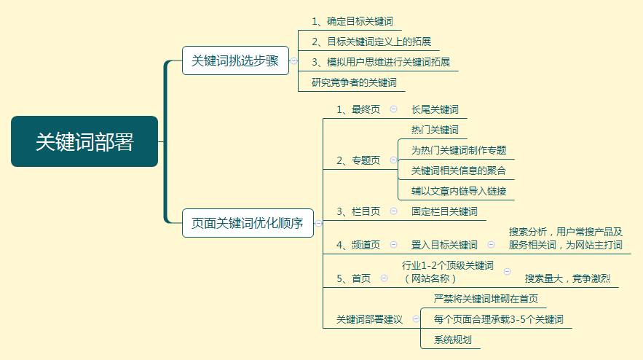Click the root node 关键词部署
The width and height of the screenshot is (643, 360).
(84, 141)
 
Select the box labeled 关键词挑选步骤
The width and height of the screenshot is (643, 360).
(235, 60)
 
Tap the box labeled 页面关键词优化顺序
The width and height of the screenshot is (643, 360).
(248, 223)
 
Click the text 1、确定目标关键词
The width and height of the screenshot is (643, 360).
(352, 21)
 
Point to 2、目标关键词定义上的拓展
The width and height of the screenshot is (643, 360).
(371, 42)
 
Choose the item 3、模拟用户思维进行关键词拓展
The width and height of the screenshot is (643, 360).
(381, 62)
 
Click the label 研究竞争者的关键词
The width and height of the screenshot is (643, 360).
(354, 82)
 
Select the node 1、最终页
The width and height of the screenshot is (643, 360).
(358, 109)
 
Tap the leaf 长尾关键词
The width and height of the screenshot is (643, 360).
(435, 109)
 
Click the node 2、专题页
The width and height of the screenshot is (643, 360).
(358, 160)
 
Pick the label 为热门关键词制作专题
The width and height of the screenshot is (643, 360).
(459, 150)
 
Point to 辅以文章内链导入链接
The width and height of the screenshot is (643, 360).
(459, 191)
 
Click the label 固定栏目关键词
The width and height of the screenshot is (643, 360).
(444, 211)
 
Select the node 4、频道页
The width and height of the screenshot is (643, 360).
(358, 245)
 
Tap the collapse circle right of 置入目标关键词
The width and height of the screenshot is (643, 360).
(491, 245)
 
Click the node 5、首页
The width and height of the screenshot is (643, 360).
(353, 278)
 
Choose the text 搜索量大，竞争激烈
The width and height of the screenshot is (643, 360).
(567, 278)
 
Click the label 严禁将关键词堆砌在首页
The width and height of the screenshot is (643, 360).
(486, 299)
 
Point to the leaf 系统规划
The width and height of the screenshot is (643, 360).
(453, 340)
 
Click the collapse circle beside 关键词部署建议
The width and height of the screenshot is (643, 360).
(416, 319)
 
